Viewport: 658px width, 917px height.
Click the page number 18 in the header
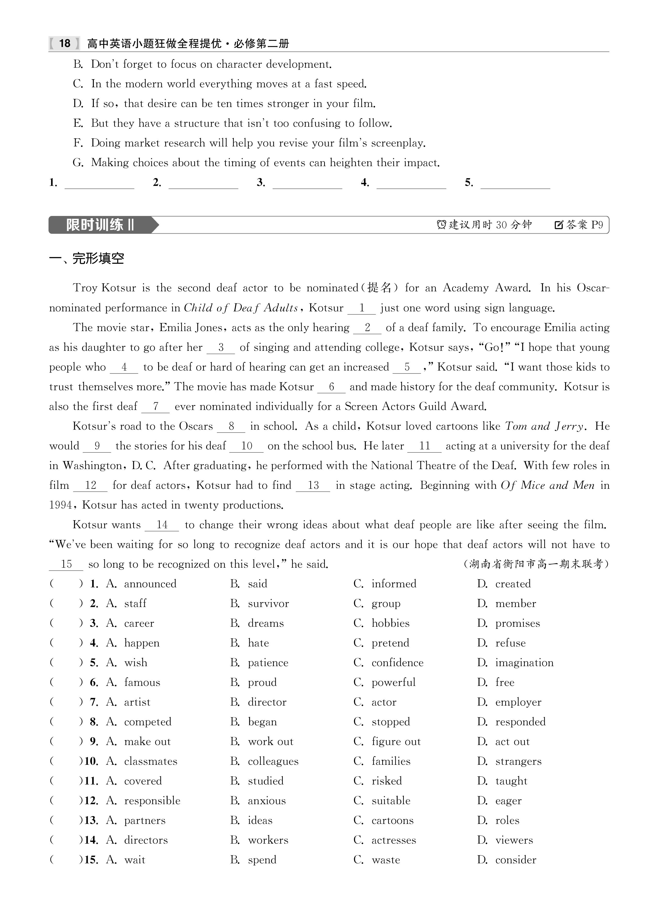(x=65, y=43)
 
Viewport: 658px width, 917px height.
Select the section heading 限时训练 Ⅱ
(x=100, y=225)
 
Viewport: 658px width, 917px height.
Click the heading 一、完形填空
(x=86, y=258)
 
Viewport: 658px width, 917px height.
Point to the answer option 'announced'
(x=150, y=584)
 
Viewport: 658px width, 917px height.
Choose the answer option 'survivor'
(x=268, y=604)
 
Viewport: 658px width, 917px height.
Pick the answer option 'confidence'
(x=397, y=663)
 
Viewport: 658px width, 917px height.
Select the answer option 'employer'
(x=518, y=702)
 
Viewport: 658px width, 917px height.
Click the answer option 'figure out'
(x=396, y=742)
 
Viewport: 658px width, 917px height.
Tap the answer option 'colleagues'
(x=273, y=761)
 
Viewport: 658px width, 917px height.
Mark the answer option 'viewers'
(x=514, y=840)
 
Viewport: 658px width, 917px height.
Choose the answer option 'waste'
(x=386, y=860)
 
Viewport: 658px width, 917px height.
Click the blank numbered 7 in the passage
(x=156, y=406)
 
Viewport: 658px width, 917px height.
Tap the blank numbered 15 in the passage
(x=66, y=564)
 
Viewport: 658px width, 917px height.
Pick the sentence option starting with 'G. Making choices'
(x=256, y=163)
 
